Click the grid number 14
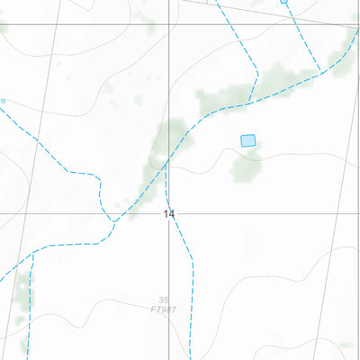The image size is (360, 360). tap(169, 214)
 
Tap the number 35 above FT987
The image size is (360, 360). tap(163, 301)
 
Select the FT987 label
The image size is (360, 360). tap(163, 310)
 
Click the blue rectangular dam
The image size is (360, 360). tap(248, 140)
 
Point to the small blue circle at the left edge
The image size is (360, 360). tap(3, 101)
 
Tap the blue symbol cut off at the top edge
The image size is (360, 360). tap(284, 2)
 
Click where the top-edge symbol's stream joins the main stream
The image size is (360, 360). tap(320, 72)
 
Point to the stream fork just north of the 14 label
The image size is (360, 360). tap(166, 164)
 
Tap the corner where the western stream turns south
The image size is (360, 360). tap(94, 175)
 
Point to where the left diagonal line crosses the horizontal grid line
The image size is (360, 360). tap(36, 214)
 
